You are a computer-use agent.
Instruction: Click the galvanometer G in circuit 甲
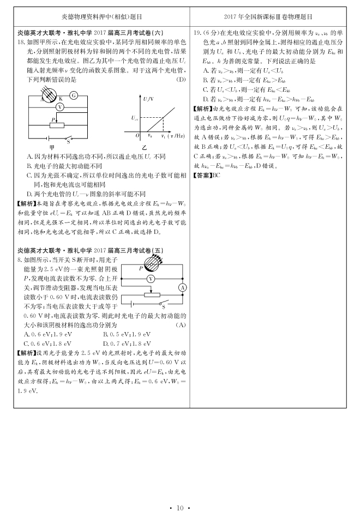point(74,95)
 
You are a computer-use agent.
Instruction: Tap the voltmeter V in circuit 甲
point(61,107)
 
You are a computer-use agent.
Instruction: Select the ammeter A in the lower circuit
point(183,288)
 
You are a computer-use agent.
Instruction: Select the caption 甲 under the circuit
point(52,147)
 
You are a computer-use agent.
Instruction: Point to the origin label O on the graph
point(137,135)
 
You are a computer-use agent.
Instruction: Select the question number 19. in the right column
point(198,33)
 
